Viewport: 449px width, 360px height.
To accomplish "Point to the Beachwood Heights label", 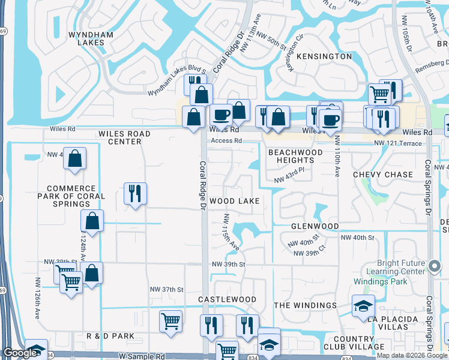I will coord(295,157).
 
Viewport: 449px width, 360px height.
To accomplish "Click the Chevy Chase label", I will coord(383,175).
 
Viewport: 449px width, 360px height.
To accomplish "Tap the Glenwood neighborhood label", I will coord(315,226).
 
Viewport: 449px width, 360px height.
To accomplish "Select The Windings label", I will coord(306,305).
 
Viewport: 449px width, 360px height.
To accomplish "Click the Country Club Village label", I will coord(359,342).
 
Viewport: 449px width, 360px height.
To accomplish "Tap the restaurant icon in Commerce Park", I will coord(135,193).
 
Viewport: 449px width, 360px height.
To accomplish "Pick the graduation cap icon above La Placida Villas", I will coord(363,305).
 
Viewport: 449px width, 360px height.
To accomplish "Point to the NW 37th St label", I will coord(166,290).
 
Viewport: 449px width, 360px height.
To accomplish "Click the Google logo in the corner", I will coord(20,353).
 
